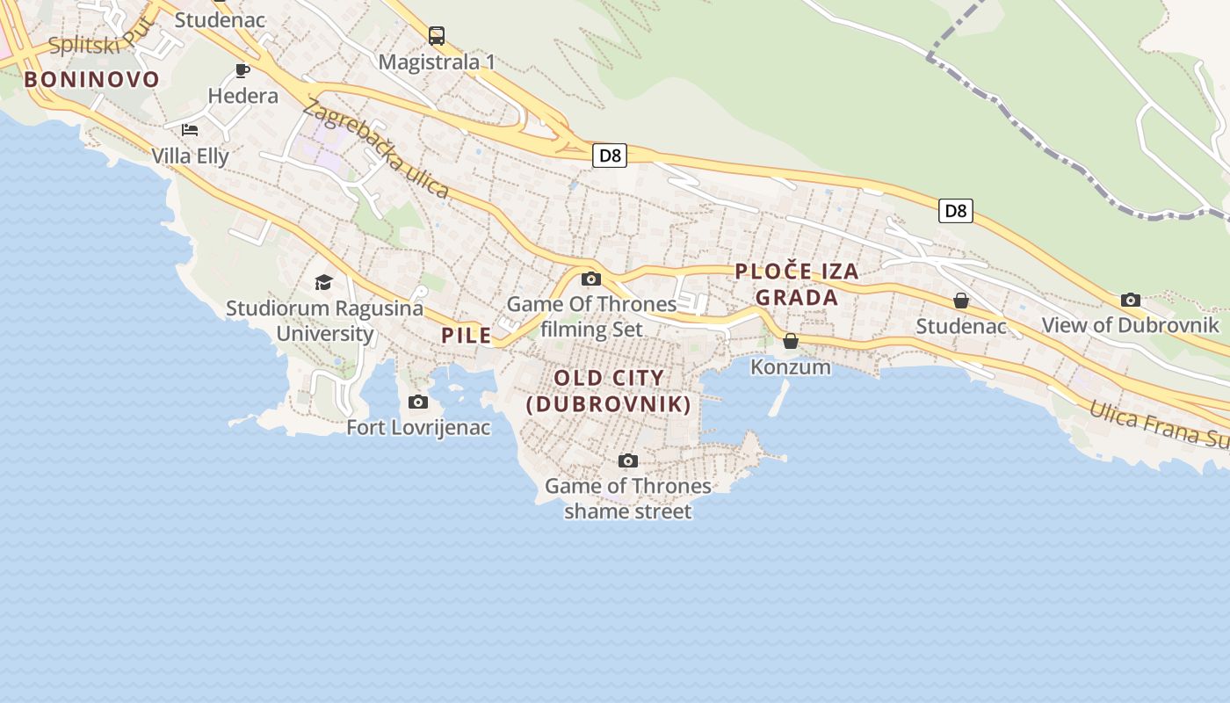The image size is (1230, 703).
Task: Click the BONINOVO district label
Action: click(92, 80)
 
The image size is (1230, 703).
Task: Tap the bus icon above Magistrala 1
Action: click(437, 36)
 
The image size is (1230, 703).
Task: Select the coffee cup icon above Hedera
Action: click(242, 70)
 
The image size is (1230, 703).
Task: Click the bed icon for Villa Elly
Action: click(190, 130)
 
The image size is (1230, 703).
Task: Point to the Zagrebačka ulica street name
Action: click(375, 149)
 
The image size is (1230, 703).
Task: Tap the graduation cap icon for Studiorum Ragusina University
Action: click(324, 282)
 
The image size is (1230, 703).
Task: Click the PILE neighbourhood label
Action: click(467, 335)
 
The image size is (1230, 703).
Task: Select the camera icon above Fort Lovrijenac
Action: click(418, 402)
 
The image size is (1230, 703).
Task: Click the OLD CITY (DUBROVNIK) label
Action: click(609, 391)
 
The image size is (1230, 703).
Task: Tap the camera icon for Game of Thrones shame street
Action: click(627, 461)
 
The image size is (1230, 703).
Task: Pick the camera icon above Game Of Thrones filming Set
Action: click(591, 279)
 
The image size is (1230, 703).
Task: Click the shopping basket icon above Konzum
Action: click(791, 341)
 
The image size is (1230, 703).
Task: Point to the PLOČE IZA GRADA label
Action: click(797, 284)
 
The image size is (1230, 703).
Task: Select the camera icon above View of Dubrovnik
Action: click(1131, 301)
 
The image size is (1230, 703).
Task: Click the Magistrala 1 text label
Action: click(437, 62)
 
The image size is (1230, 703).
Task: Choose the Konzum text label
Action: click(791, 366)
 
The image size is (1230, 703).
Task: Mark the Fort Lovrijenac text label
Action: click(418, 428)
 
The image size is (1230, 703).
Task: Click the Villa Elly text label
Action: click(190, 156)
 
